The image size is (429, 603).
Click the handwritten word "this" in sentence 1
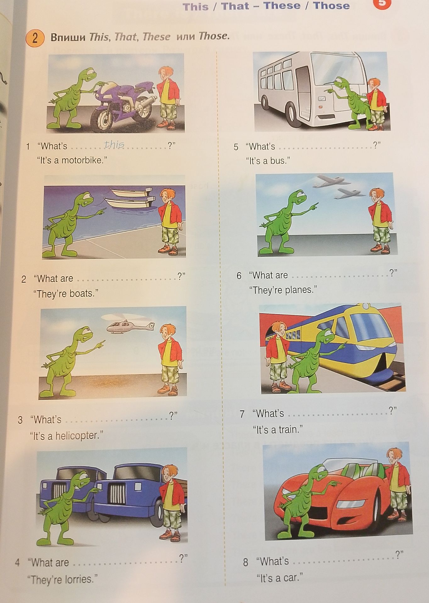point(114,144)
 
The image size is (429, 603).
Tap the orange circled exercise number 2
point(35,38)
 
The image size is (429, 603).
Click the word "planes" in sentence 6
point(298,290)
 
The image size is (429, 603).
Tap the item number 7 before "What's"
point(242,414)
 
